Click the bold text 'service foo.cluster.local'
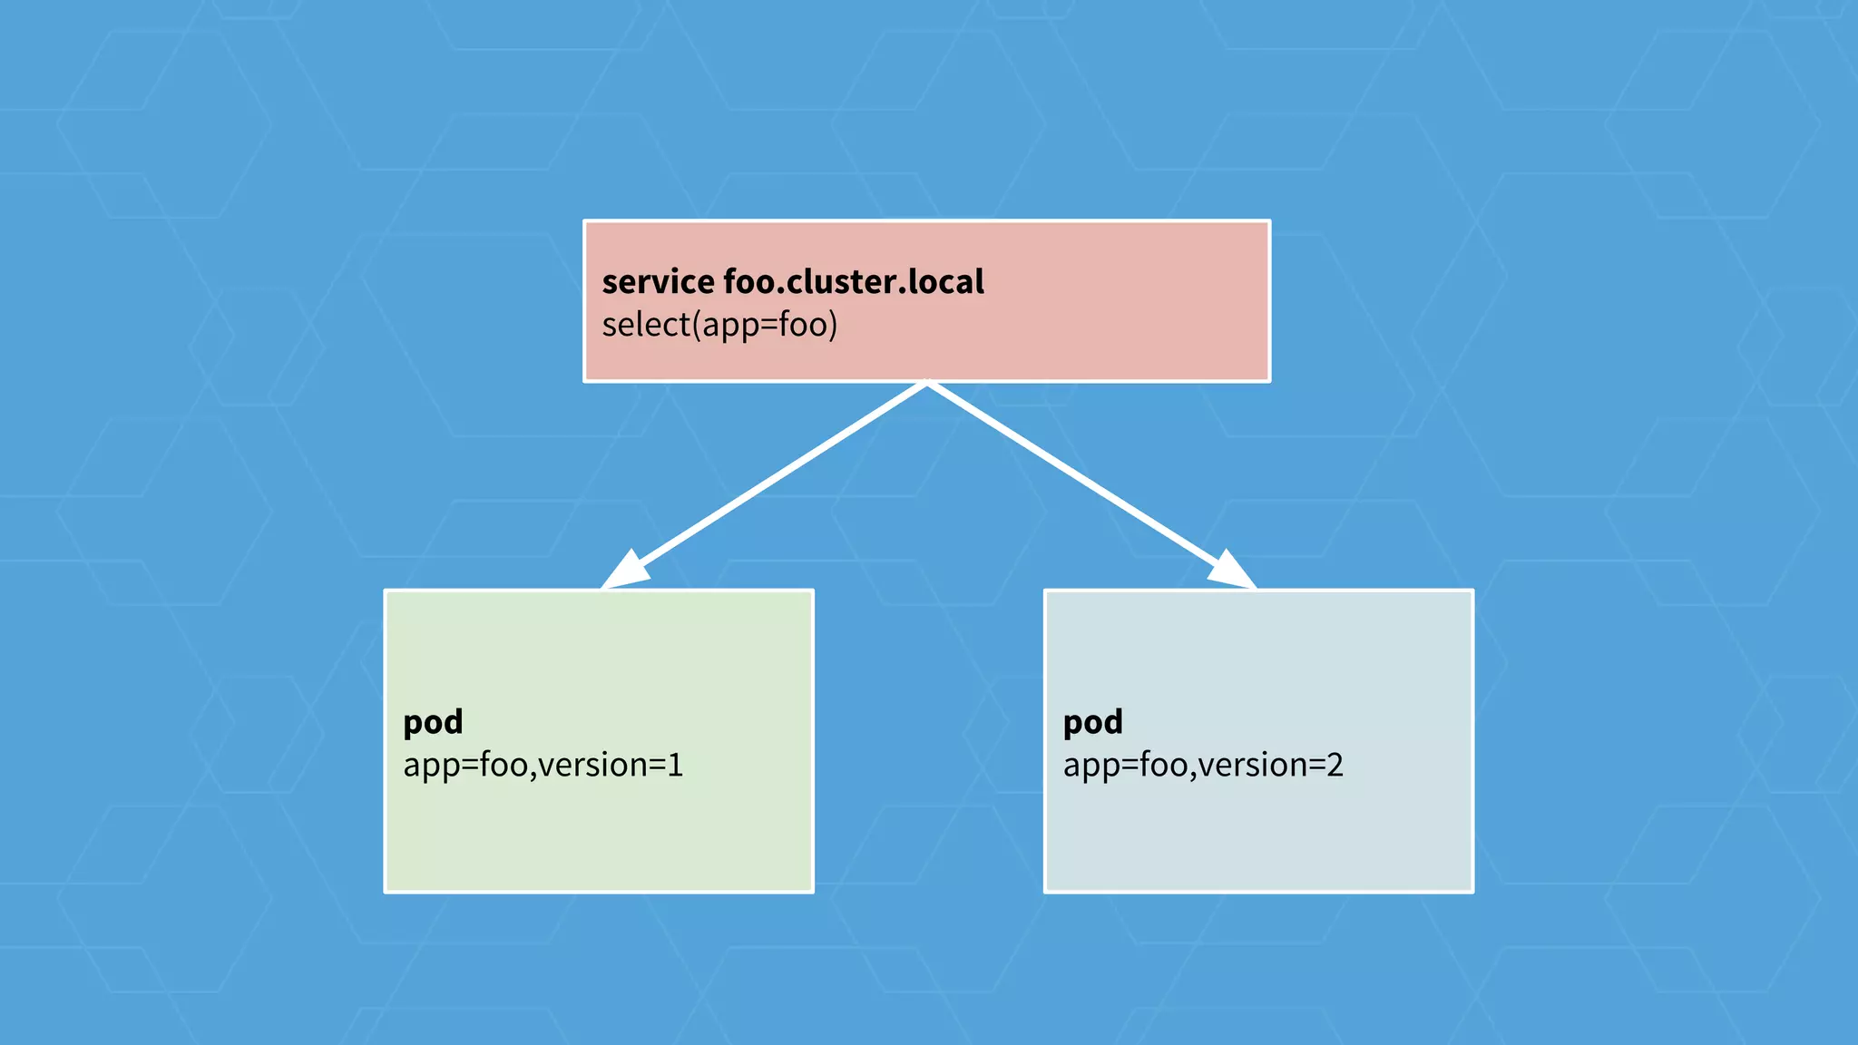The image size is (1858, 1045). click(793, 282)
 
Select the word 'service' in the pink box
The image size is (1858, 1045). click(658, 282)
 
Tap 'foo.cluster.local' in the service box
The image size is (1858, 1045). click(853, 282)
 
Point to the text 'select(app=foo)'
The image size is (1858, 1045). click(719, 325)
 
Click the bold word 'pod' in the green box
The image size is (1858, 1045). click(433, 722)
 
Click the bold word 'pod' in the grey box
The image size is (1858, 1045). click(1092, 722)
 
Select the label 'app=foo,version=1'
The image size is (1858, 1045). click(543, 765)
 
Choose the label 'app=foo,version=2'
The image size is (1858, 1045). click(1203, 765)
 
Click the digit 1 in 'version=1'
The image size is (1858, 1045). click(675, 765)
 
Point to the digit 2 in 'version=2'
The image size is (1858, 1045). click(1335, 765)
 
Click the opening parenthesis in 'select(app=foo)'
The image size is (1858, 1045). click(697, 325)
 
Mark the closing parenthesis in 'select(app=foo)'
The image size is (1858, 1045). click(833, 325)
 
